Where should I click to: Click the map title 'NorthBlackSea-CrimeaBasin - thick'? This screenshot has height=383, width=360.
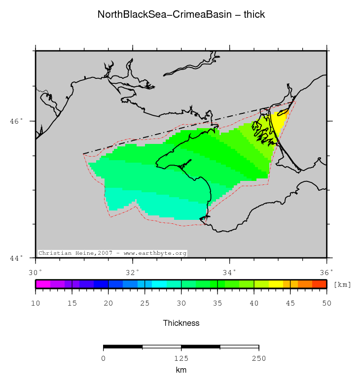point(181,15)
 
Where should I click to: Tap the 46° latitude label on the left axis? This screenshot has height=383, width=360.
point(17,121)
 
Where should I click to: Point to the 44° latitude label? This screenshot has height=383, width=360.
point(17,258)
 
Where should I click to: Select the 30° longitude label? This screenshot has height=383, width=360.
point(36,272)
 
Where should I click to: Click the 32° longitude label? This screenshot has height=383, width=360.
point(133,272)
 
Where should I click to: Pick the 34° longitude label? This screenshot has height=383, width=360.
point(229,272)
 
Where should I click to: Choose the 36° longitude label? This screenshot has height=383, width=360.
point(326,272)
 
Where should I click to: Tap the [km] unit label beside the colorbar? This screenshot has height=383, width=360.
point(342,284)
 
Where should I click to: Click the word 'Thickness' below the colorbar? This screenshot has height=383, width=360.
point(181,323)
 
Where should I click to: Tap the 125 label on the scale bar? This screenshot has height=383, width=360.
point(181,358)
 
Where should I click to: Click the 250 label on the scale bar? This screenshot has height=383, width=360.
point(259,358)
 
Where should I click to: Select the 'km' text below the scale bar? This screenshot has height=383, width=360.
point(181,370)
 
